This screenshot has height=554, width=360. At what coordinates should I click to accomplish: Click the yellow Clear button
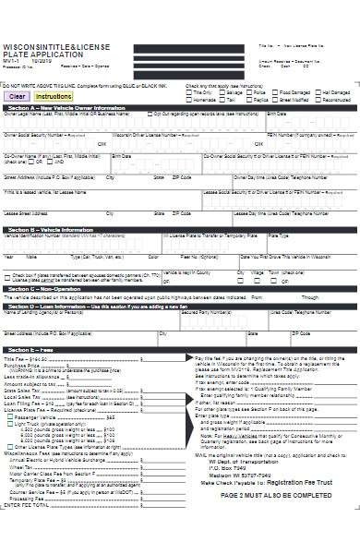[17, 95]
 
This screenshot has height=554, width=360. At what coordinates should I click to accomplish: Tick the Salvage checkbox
[222, 92]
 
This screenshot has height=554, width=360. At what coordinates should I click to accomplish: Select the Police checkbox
[251, 92]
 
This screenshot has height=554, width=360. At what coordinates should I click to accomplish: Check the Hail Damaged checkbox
[319, 92]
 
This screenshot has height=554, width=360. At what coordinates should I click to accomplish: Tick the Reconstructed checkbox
[318, 99]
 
